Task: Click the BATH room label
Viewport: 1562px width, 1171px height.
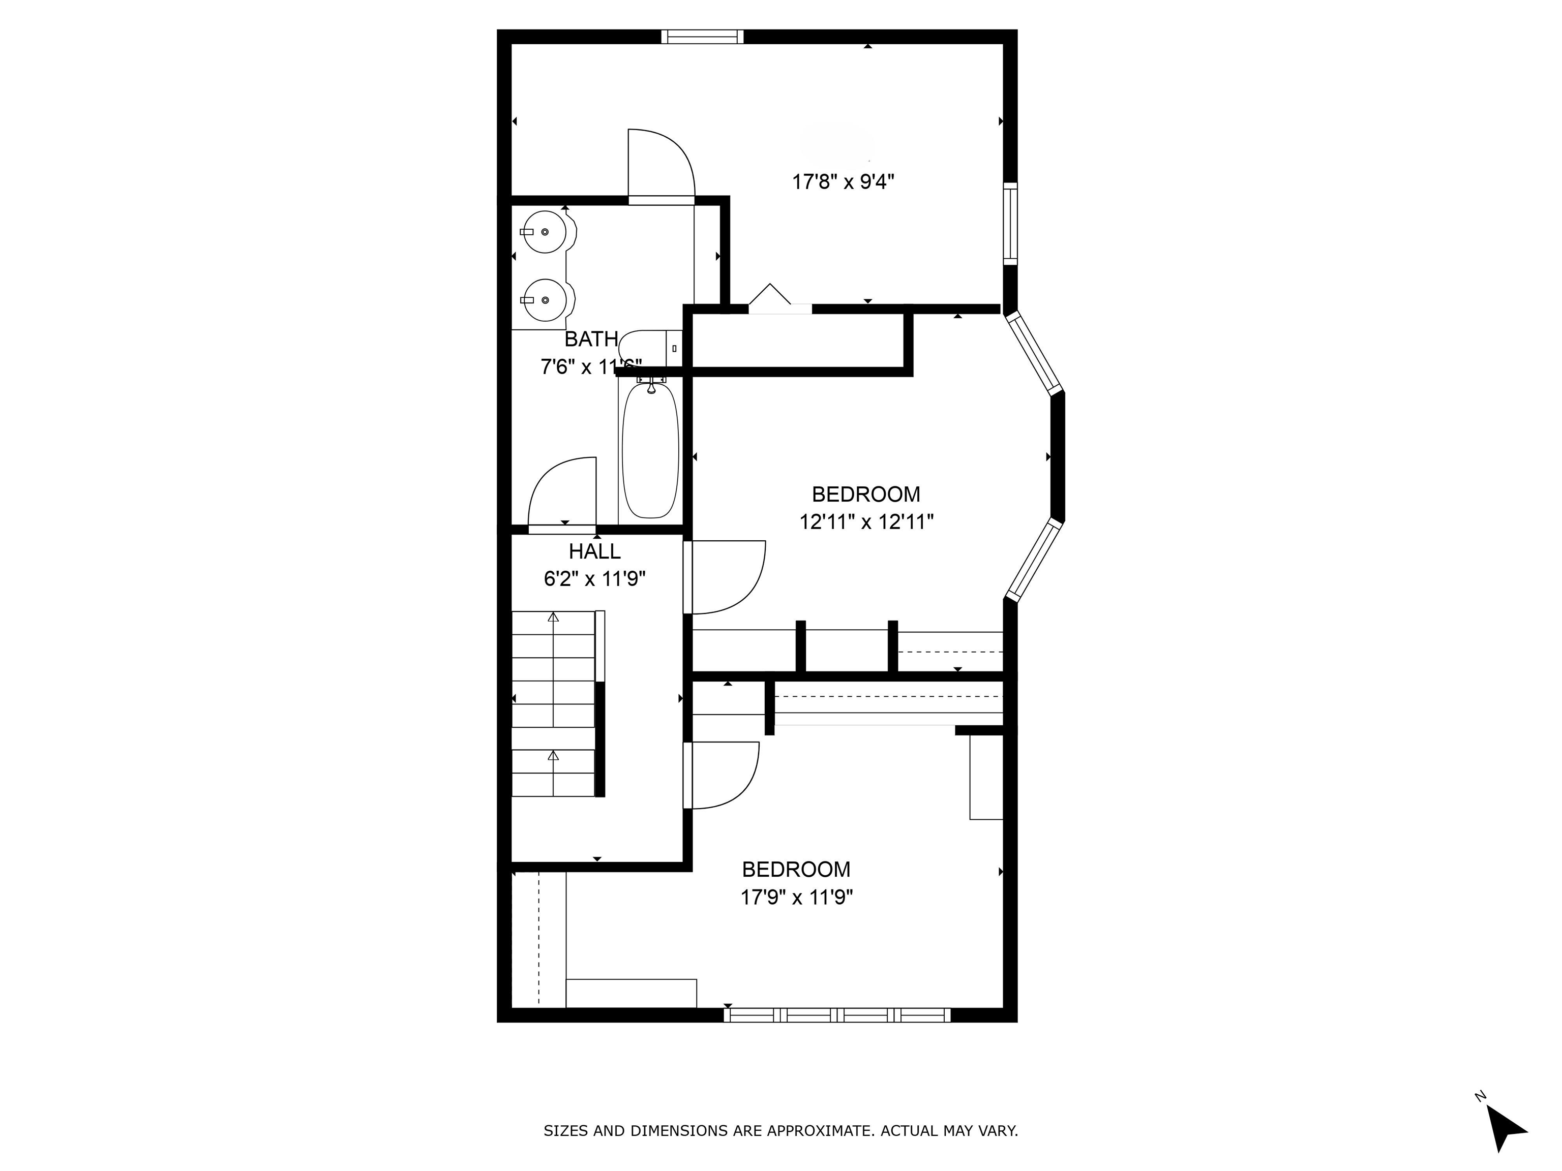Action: click(x=591, y=340)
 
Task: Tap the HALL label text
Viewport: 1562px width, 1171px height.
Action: click(x=594, y=551)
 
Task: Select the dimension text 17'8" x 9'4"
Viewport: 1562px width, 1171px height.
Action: click(x=843, y=182)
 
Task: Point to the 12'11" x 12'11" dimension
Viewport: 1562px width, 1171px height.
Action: click(x=866, y=522)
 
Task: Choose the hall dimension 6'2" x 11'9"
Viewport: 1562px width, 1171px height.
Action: click(x=594, y=579)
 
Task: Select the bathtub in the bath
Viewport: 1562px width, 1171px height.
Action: click(x=650, y=452)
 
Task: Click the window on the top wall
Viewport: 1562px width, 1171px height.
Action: click(x=702, y=37)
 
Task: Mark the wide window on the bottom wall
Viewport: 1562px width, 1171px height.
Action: click(x=837, y=1015)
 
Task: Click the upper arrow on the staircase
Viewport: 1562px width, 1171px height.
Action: click(x=553, y=617)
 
